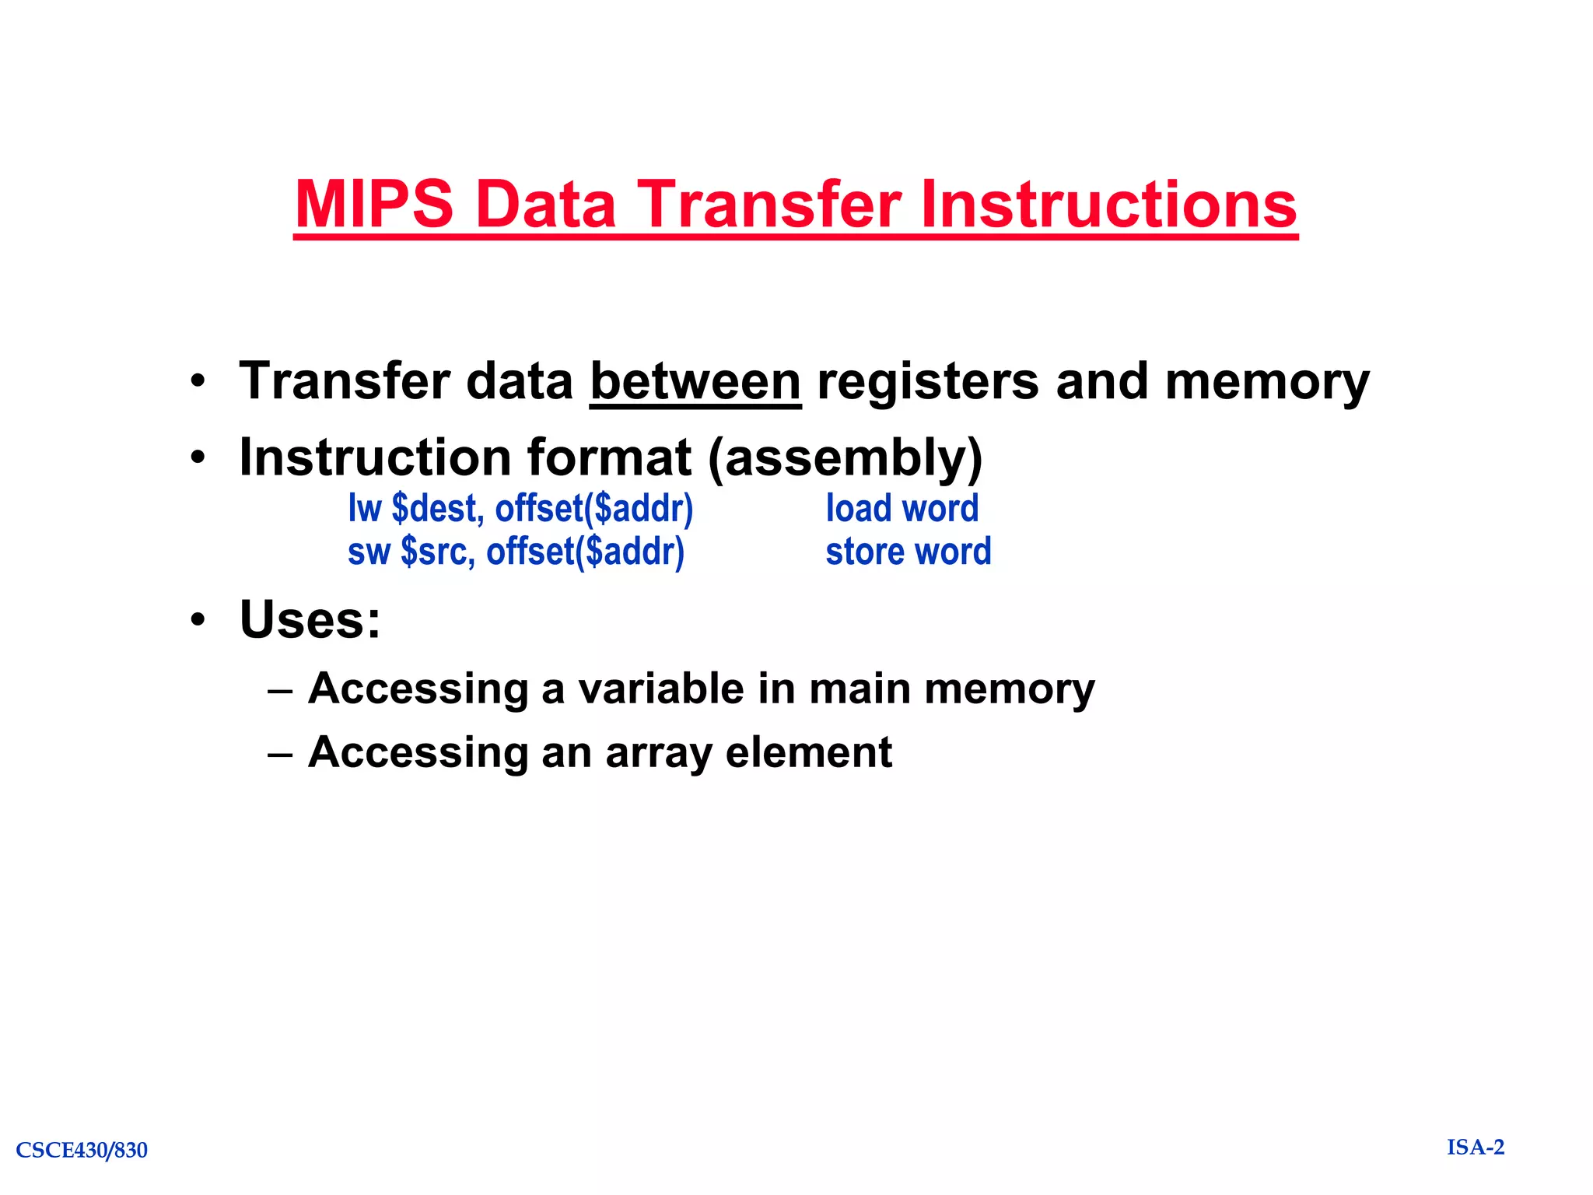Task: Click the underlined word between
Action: tap(695, 382)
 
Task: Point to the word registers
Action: tap(927, 382)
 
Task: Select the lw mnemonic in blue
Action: tap(364, 509)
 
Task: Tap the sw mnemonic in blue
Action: tap(368, 552)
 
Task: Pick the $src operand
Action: tap(437, 552)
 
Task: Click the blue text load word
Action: tap(902, 509)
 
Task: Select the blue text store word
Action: tap(908, 552)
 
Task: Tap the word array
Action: tap(657, 752)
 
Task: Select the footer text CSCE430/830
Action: tap(82, 1150)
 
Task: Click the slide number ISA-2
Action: tap(1476, 1148)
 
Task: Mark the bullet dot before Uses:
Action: tap(198, 620)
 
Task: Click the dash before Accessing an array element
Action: tap(280, 754)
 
